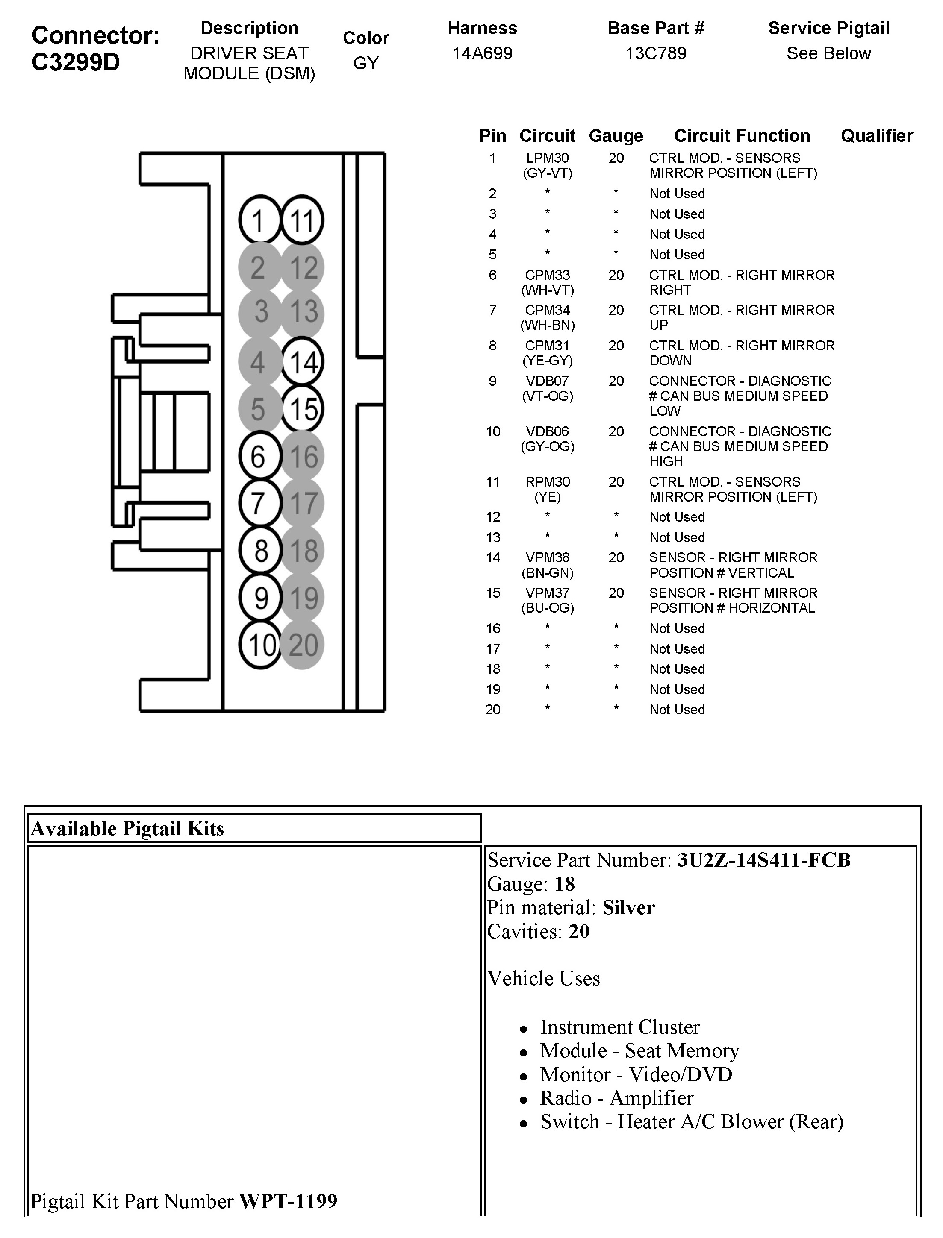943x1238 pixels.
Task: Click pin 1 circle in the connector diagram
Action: coord(259,220)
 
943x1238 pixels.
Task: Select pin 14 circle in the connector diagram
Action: coord(303,361)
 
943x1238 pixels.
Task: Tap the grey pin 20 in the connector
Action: coord(303,645)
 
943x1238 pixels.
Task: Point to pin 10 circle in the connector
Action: coord(260,645)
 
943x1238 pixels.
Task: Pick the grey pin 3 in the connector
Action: coord(260,312)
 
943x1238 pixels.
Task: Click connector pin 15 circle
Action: coord(303,408)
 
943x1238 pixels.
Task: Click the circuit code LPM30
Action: coord(547,158)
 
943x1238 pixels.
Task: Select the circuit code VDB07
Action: coord(547,381)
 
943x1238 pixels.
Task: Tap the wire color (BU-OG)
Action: coord(547,608)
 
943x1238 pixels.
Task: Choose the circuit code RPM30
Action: coord(547,482)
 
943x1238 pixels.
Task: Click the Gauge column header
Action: coord(616,136)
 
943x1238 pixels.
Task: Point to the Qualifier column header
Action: coord(876,136)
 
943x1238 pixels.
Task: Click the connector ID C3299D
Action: coord(76,62)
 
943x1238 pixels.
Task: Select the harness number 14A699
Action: coord(482,53)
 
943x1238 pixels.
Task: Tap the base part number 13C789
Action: coord(656,53)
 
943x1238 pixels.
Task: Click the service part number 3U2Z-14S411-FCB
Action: coord(764,860)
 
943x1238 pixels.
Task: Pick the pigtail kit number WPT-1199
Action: coord(288,1201)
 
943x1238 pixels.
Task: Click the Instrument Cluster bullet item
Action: coord(620,1027)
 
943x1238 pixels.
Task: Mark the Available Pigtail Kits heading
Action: coord(127,828)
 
